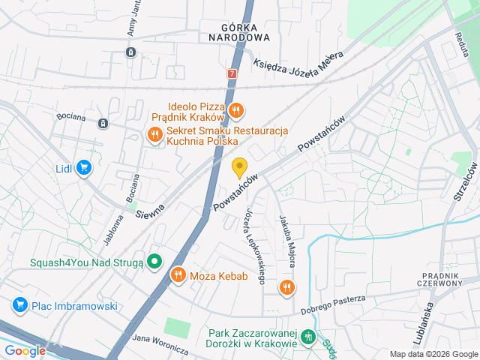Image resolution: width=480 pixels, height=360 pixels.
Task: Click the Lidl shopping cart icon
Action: click(x=84, y=168)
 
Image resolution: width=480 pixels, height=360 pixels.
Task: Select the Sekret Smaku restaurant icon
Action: click(x=154, y=135)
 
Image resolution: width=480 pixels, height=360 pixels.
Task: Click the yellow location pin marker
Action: click(x=240, y=168)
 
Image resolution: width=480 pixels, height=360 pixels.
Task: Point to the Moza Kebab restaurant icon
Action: click(x=178, y=276)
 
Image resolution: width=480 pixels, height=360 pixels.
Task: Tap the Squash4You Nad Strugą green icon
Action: click(x=154, y=262)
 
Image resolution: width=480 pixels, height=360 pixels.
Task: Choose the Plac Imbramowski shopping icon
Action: click(x=19, y=305)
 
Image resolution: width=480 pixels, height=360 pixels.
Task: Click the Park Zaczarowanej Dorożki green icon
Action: click(x=308, y=338)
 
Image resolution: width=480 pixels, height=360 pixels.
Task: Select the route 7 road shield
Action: click(x=232, y=73)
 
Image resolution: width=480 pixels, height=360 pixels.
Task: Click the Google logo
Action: click(x=25, y=350)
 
